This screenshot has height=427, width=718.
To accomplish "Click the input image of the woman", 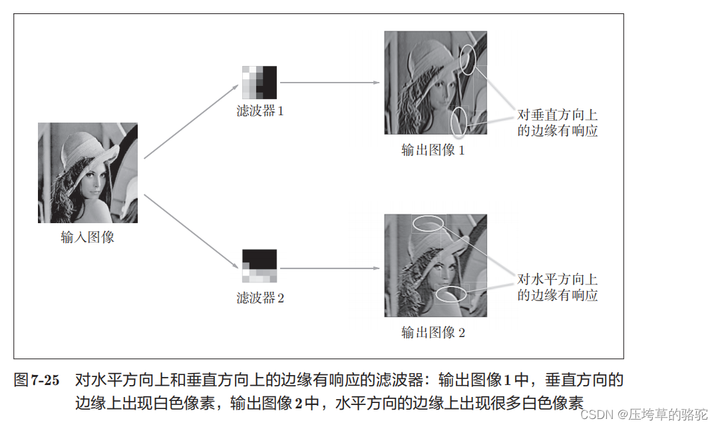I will (x=88, y=173).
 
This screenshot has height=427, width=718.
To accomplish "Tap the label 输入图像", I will (x=88, y=237).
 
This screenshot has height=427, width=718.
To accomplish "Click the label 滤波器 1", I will (x=260, y=111).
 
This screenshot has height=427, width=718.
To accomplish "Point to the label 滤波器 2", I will (x=260, y=298).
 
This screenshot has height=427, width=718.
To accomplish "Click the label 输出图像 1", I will (x=433, y=150).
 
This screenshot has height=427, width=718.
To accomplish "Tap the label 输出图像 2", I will (x=433, y=332).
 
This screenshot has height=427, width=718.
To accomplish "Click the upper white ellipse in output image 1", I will (x=467, y=60).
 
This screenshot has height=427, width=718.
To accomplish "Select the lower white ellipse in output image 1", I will (x=458, y=122).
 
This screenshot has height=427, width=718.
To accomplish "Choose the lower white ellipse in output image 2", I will (x=452, y=294).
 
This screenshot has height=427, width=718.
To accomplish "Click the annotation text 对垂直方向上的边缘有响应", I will (x=558, y=123).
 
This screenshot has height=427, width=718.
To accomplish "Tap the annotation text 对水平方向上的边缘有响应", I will (x=558, y=287).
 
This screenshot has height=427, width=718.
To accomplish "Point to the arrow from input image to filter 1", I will (x=191, y=121).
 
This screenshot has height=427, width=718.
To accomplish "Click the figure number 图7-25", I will (x=37, y=381).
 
